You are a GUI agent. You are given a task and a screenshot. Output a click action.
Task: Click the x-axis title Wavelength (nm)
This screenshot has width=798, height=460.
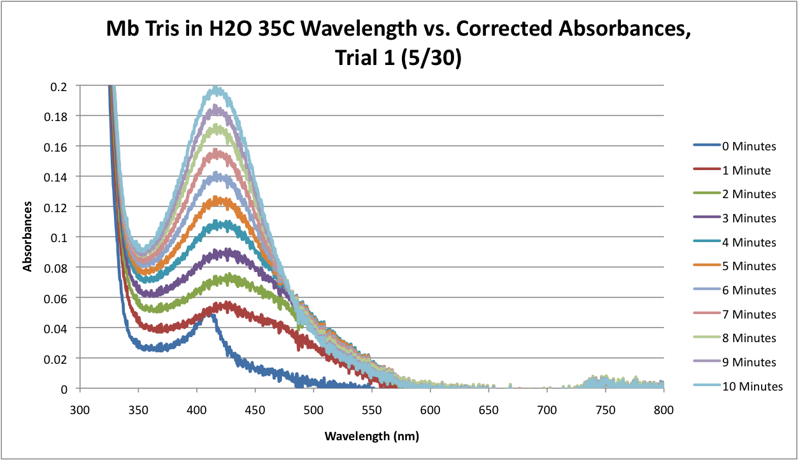coord(372,436)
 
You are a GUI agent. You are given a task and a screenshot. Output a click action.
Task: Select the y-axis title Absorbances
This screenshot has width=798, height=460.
coord(28,237)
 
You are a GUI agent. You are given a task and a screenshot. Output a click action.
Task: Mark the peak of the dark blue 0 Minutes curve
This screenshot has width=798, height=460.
coord(210,313)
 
